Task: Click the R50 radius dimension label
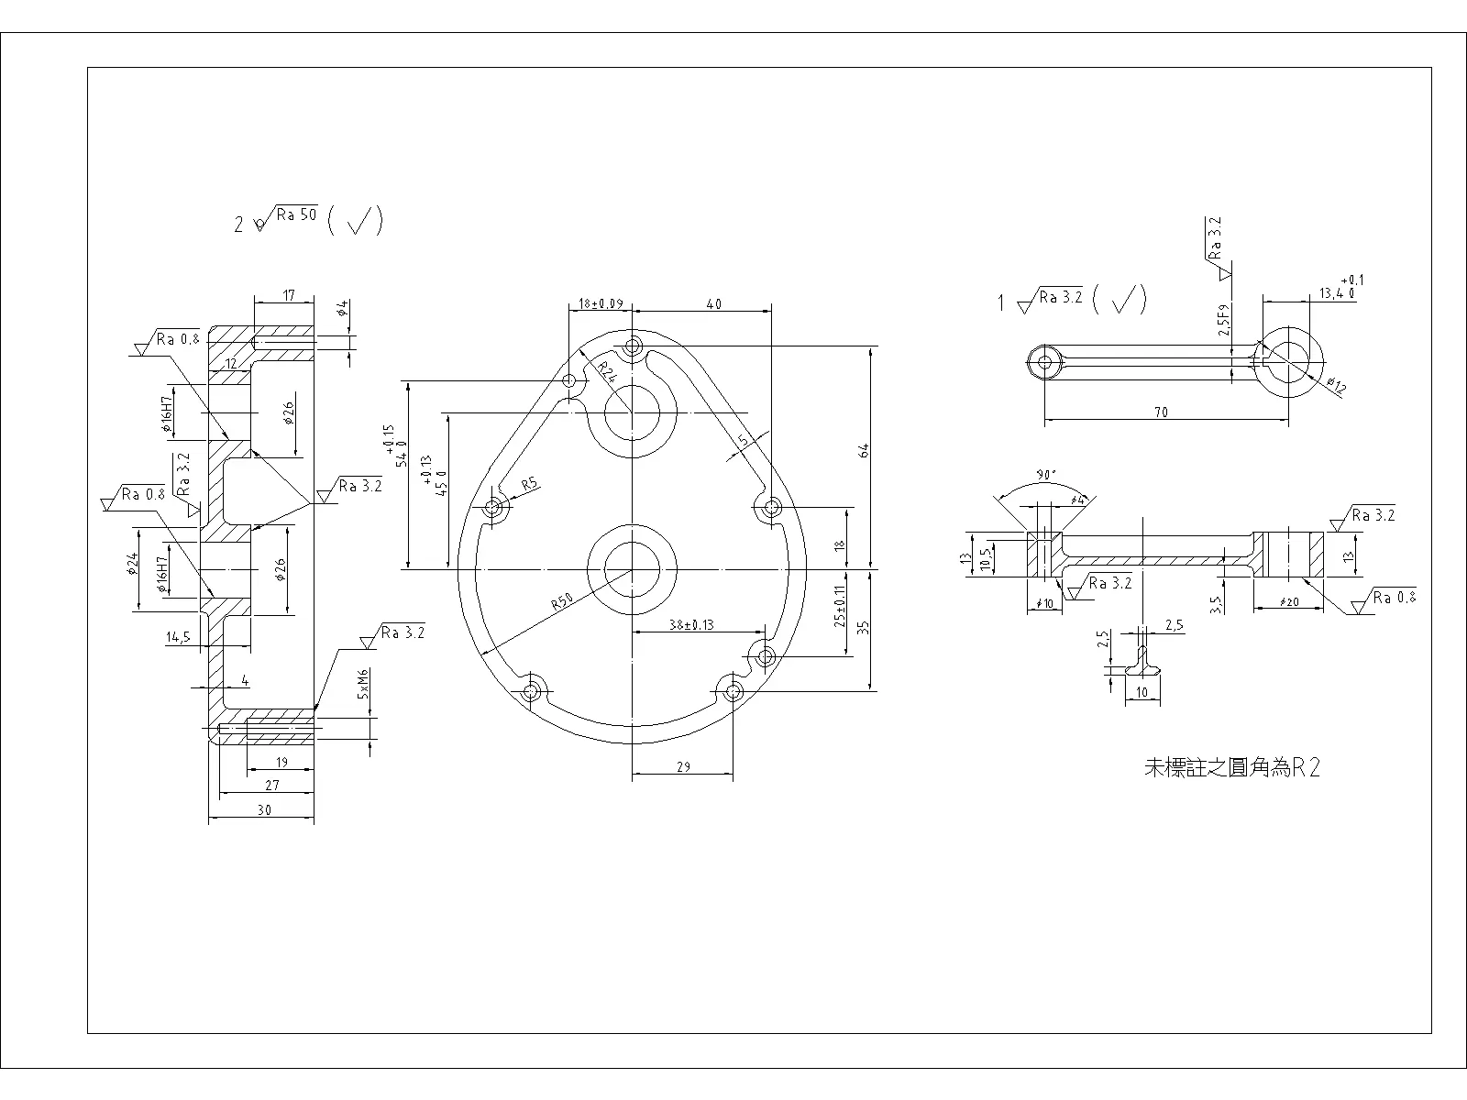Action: pos(562,602)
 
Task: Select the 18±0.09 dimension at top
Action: pos(601,303)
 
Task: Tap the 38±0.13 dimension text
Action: pos(691,625)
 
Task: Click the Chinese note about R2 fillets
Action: pos(1232,768)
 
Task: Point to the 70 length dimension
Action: pos(1161,412)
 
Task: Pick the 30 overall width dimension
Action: pos(264,810)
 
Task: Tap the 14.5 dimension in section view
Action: pos(178,636)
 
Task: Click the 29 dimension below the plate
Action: pos(683,767)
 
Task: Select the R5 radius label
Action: pos(529,483)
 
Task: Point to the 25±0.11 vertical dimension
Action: pos(839,606)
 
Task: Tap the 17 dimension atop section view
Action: pos(289,295)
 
